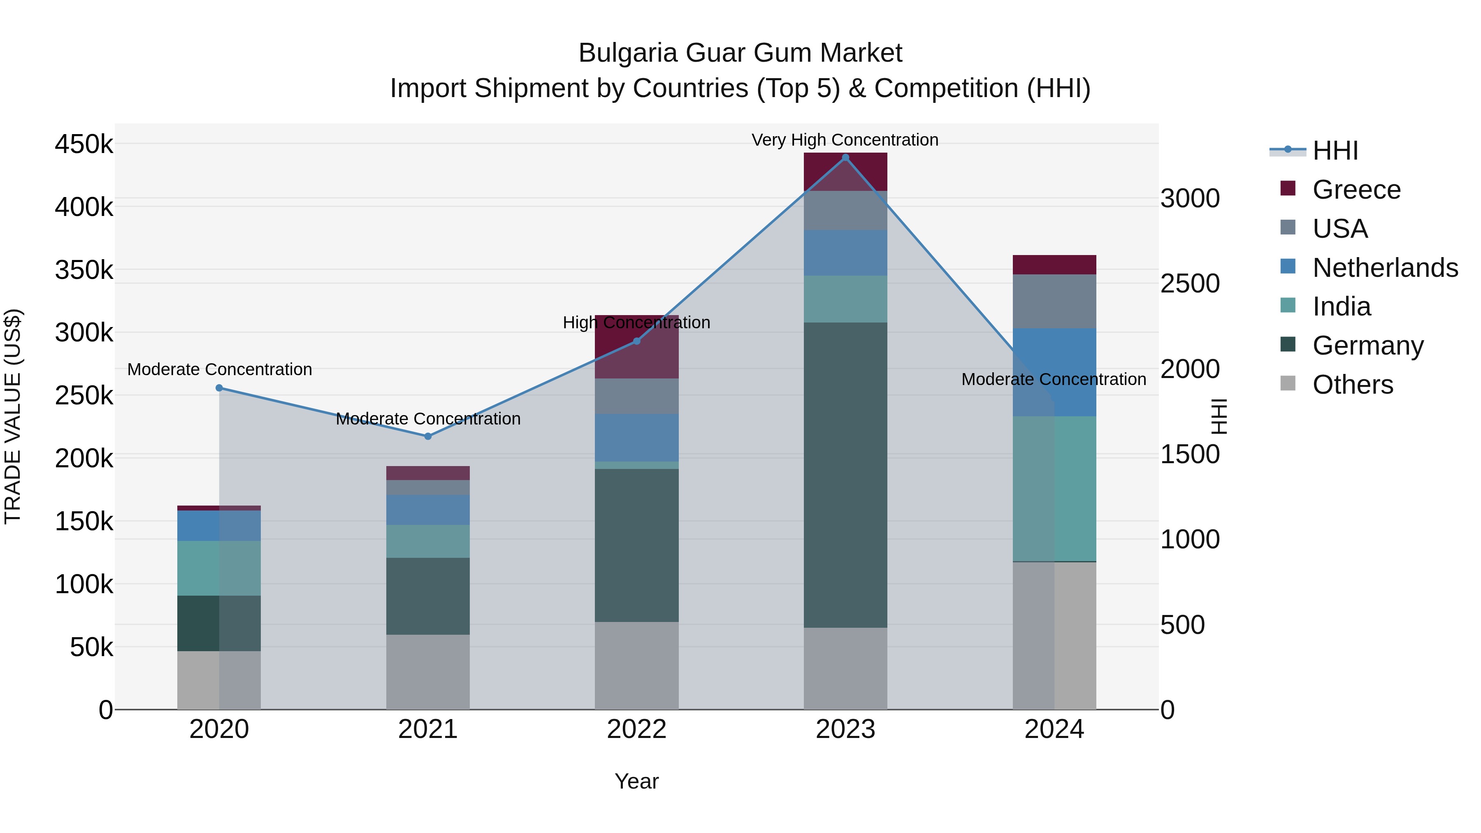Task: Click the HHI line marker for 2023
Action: tap(845, 158)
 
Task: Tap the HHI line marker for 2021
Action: tap(428, 436)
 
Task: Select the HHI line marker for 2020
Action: tap(219, 388)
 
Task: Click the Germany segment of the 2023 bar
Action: tap(845, 474)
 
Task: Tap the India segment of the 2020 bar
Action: tap(219, 568)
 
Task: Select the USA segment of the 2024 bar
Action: tap(1054, 301)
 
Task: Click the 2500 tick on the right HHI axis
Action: tap(1189, 283)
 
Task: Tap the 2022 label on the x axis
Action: tap(636, 729)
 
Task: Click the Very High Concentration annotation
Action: tap(845, 140)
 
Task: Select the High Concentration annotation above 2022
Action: tap(636, 323)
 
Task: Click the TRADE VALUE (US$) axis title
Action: tap(13, 416)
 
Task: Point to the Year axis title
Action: tap(636, 781)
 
